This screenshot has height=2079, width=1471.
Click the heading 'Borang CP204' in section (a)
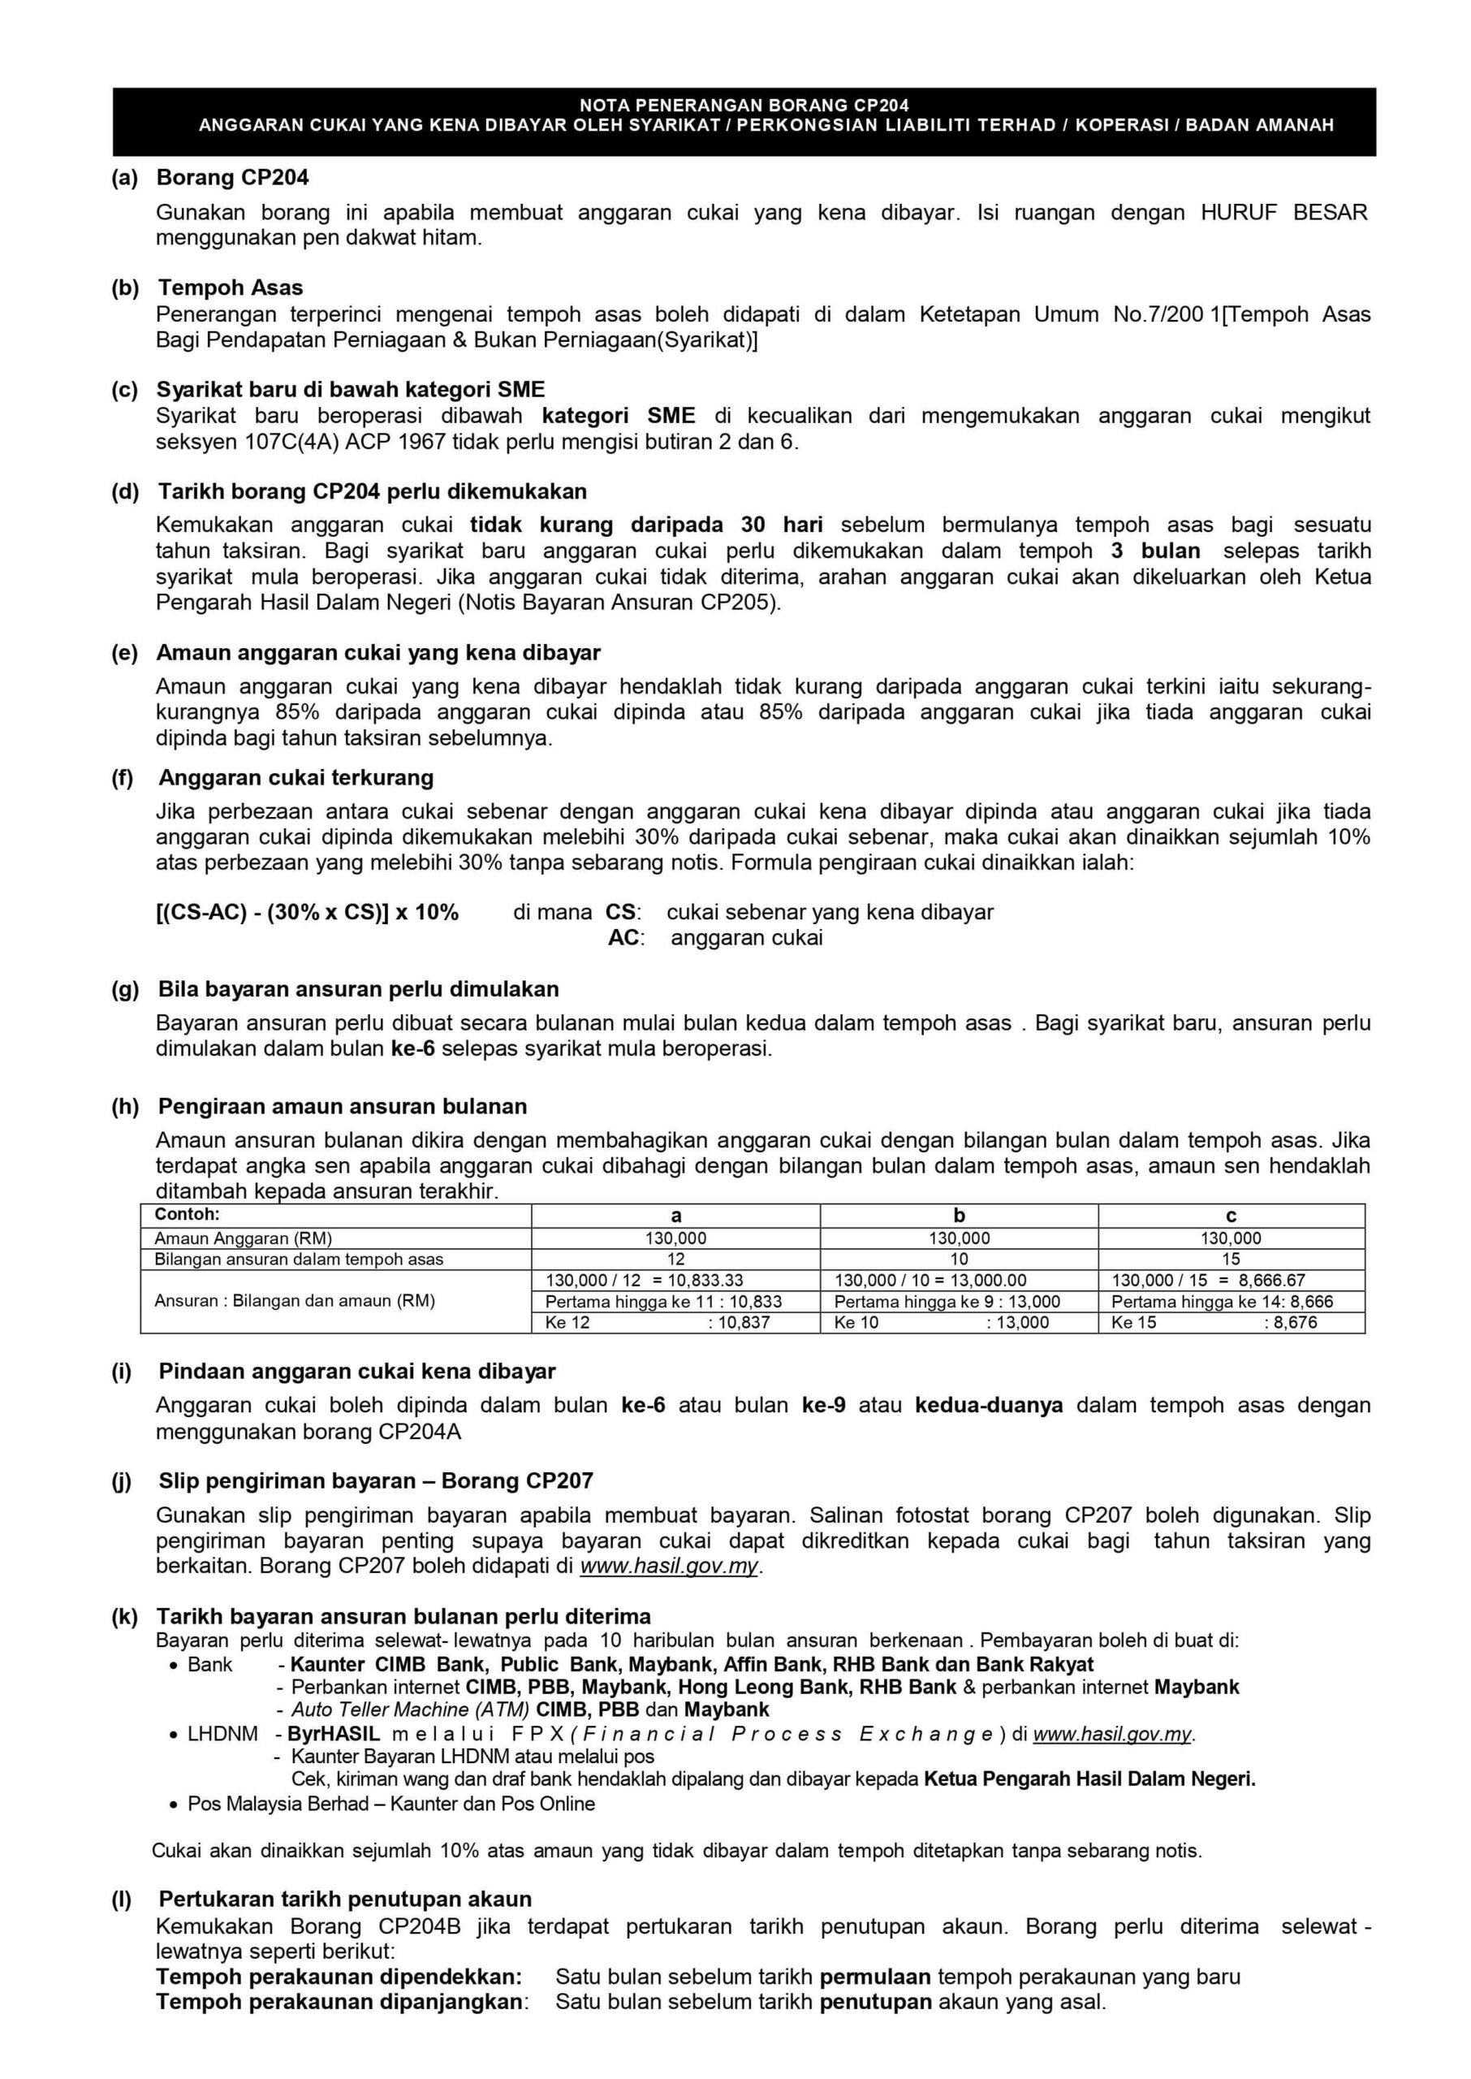click(x=232, y=178)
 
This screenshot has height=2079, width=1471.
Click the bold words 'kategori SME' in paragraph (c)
click(x=619, y=416)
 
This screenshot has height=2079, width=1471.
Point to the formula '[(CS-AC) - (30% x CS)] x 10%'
click(x=307, y=912)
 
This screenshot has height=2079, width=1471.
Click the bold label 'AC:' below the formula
click(x=625, y=938)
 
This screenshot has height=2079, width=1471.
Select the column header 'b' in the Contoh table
click(x=960, y=1216)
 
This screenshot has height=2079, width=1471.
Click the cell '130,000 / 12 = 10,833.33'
click(x=644, y=1280)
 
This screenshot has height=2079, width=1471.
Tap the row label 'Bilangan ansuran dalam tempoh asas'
click(x=299, y=1260)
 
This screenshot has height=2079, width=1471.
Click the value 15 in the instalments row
click(x=1230, y=1260)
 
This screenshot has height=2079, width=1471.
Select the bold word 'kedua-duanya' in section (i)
click(x=988, y=1405)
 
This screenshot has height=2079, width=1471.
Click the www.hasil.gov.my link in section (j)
click(x=668, y=1567)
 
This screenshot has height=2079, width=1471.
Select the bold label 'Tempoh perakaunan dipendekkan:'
click(x=339, y=1977)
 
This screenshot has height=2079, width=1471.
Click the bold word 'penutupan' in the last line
click(x=875, y=2002)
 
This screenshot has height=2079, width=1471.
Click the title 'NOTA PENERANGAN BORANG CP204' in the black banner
click(x=744, y=105)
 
